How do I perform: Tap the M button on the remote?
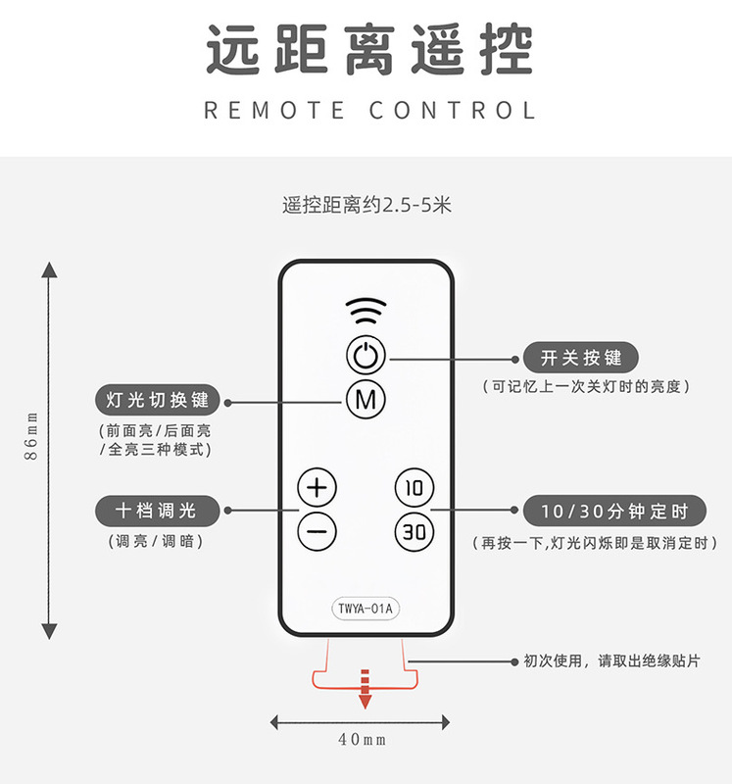click(x=366, y=399)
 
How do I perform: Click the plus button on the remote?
click(x=317, y=487)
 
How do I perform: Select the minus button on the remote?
click(x=317, y=531)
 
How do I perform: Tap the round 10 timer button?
click(x=415, y=487)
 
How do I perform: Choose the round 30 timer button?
click(x=415, y=531)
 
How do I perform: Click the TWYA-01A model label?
click(x=366, y=609)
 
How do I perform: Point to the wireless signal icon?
click(x=366, y=312)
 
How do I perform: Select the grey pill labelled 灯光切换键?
click(x=158, y=400)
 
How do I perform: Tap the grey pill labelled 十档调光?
click(x=158, y=510)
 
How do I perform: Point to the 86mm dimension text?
click(x=31, y=436)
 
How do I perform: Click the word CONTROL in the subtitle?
click(x=453, y=109)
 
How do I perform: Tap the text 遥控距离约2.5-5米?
click(x=366, y=206)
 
